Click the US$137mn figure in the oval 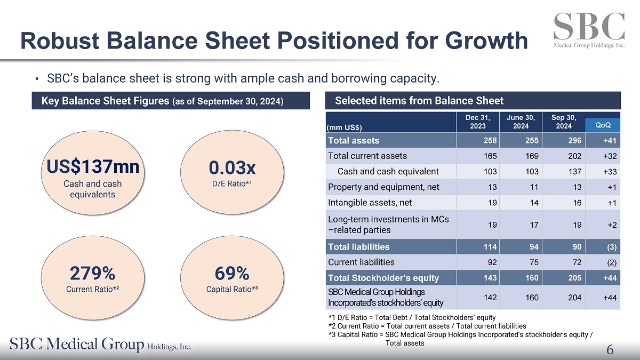[93, 166]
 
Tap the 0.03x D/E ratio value [232, 167]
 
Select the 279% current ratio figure [93, 274]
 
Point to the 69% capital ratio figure [232, 274]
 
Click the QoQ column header [603, 125]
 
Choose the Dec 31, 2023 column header [478, 122]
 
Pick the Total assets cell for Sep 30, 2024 [575, 141]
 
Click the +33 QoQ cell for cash [610, 172]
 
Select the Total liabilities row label [358, 247]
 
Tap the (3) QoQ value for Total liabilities [612, 247]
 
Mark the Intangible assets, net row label [370, 203]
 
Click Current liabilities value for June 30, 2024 [534, 262]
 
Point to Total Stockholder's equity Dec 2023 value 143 [490, 278]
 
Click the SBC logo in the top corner [589, 30]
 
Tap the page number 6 [610, 349]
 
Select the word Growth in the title [486, 41]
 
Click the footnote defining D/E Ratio [412, 317]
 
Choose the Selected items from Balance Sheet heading [419, 101]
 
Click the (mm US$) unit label [345, 127]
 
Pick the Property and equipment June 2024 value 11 [534, 187]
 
